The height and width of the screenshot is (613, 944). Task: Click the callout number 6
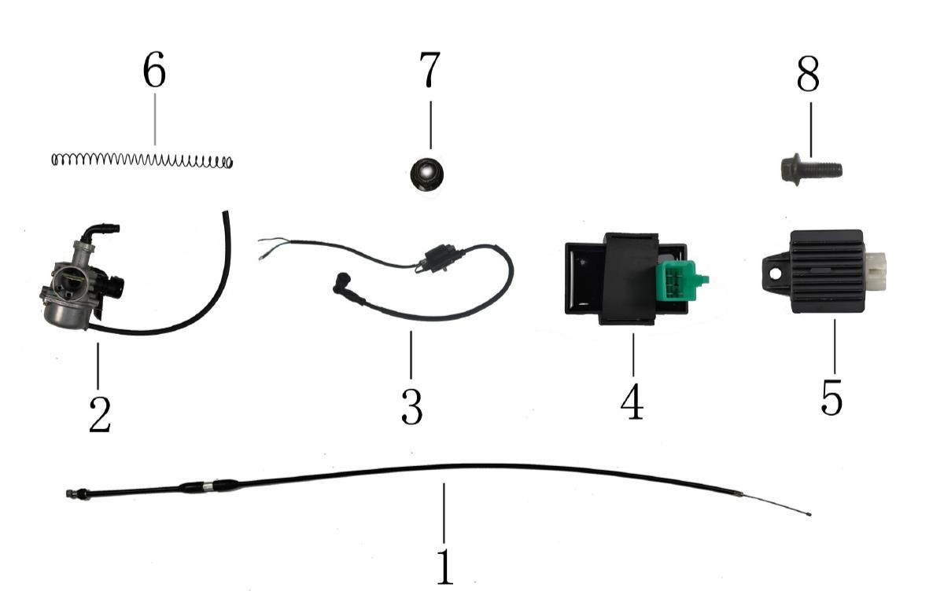154,72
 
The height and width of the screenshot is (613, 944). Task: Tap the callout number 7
430,72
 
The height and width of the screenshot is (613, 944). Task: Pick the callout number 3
411,406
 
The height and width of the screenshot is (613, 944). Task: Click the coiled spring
142,160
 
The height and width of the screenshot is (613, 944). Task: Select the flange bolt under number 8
810,168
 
